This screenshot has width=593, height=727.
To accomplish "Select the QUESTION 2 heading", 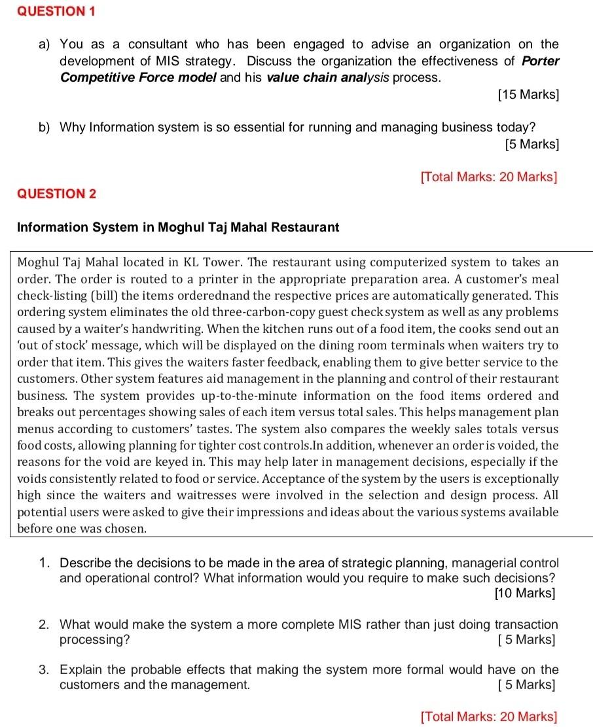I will tap(56, 194).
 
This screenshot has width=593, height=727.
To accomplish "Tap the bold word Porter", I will tap(541, 61).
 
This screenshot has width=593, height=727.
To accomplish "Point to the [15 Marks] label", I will tap(528, 95).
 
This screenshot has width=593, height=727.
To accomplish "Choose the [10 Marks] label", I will tap(525, 594).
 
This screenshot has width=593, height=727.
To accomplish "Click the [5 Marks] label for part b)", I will tap(531, 143).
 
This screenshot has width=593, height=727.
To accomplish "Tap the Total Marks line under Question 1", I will tap(490, 177).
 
